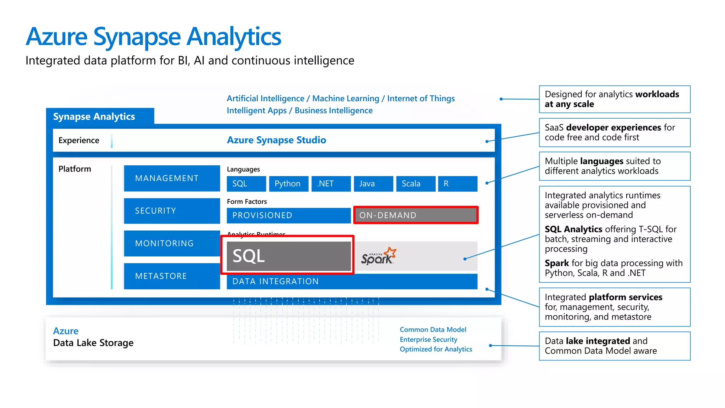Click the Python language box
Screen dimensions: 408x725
289,183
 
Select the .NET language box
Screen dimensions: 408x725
331,183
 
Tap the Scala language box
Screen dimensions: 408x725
416,183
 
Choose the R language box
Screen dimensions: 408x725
457,183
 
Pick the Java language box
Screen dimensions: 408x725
373,183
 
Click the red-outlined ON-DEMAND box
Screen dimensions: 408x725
416,215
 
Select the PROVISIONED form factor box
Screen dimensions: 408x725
289,215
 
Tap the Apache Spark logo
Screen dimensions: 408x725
378,256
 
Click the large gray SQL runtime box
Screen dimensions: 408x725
288,256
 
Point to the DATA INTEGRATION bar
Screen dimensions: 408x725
352,281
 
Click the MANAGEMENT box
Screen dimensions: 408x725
172,178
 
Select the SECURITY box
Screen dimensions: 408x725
172,211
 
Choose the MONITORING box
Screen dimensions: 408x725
172,243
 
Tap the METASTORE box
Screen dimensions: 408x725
172,276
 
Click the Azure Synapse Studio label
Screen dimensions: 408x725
276,140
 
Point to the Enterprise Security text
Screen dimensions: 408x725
428,339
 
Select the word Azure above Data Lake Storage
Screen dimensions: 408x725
66,331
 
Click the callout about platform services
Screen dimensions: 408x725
614,307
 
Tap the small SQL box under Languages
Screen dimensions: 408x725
246,183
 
